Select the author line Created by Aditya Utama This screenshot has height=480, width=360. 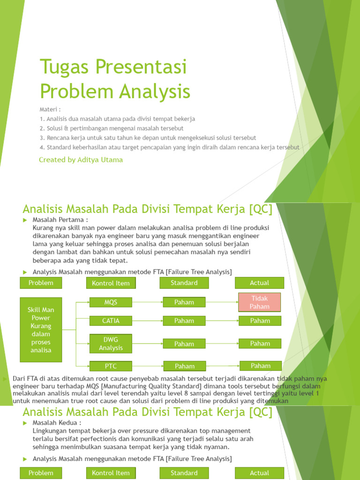click(x=81, y=160)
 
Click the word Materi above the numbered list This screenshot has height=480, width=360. click(x=50, y=109)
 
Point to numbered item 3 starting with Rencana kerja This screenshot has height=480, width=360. click(x=148, y=137)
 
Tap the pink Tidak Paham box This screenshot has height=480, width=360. click(x=260, y=302)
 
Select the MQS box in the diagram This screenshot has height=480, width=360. click(x=111, y=302)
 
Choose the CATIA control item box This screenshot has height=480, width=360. click(x=111, y=321)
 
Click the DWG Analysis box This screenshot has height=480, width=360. click(x=111, y=344)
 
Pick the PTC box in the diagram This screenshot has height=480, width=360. click(x=111, y=366)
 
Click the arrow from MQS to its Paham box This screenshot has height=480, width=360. click(x=148, y=302)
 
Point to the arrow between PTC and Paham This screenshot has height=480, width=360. click(x=148, y=366)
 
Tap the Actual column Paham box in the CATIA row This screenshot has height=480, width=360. click(x=260, y=321)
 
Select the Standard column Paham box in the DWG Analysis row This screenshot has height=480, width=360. click(x=184, y=344)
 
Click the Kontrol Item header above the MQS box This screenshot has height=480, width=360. click(x=111, y=283)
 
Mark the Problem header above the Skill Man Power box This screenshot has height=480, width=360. click(x=41, y=283)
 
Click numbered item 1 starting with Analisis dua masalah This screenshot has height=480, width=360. click(x=117, y=119)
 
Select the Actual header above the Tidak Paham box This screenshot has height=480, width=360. click(x=260, y=283)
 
